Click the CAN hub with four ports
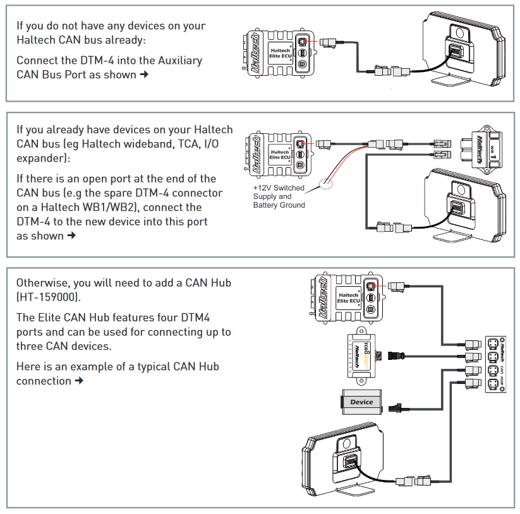(x=495, y=364)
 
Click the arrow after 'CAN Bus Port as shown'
(x=144, y=75)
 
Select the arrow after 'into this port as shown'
(x=71, y=236)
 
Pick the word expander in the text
(x=40, y=158)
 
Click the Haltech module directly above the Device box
(x=359, y=356)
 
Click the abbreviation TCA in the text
(x=184, y=143)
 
